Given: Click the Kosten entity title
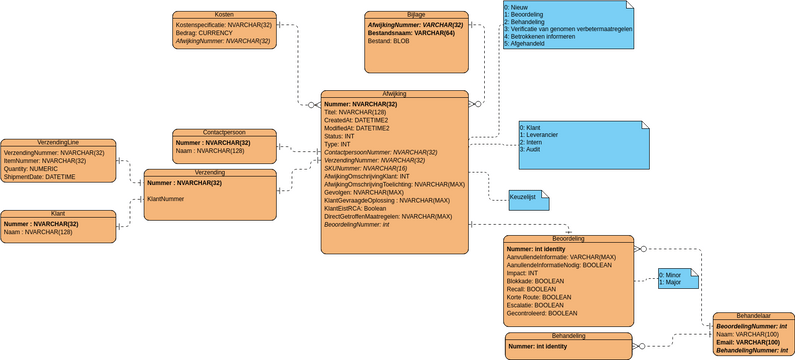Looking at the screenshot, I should (x=224, y=15).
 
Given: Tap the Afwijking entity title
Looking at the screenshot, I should (x=394, y=94).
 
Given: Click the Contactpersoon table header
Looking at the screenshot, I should (x=224, y=132).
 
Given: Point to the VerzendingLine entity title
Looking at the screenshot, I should (x=57, y=142).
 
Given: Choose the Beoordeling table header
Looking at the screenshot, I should (x=567, y=239).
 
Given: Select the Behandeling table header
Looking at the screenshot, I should (x=567, y=336).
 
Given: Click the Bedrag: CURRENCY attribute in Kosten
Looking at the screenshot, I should (x=204, y=33).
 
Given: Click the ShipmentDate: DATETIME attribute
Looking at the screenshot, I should (x=40, y=177).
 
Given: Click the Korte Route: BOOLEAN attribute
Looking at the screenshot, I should (x=539, y=297).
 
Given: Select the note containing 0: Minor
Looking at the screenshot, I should (x=674, y=278).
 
